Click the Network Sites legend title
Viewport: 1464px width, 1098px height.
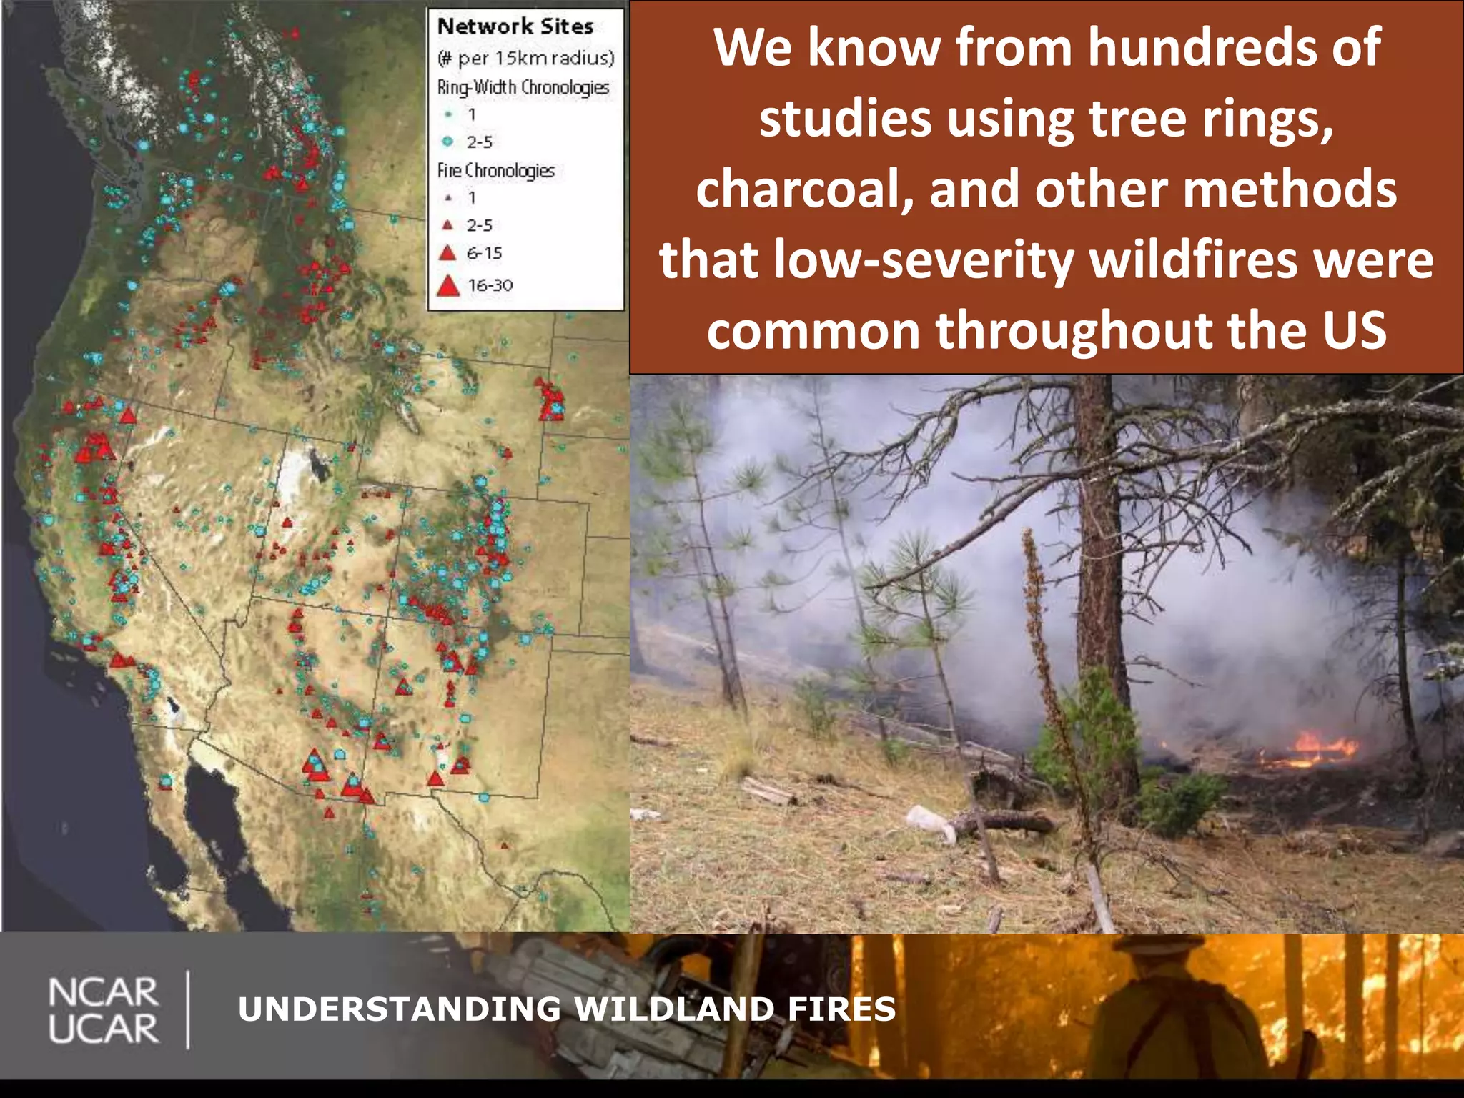pyautogui.click(x=515, y=26)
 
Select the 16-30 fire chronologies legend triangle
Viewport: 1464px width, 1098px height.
pyautogui.click(x=447, y=286)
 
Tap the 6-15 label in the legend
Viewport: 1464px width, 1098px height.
pyautogui.click(x=484, y=253)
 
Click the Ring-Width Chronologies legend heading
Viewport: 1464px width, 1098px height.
pyautogui.click(x=523, y=87)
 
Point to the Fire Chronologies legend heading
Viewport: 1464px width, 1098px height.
pyautogui.click(x=495, y=171)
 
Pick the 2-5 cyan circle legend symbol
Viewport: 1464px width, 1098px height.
pyautogui.click(x=448, y=142)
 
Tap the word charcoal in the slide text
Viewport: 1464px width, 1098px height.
pyautogui.click(x=804, y=189)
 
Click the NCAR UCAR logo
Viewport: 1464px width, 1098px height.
pyautogui.click(x=103, y=1009)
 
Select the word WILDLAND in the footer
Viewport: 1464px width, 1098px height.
pyautogui.click(x=674, y=1009)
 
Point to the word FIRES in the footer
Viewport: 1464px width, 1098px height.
pyautogui.click(x=841, y=1009)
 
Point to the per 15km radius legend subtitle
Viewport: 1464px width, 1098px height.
pyautogui.click(x=525, y=58)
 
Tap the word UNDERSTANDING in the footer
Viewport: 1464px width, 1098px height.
pyautogui.click(x=400, y=1009)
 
